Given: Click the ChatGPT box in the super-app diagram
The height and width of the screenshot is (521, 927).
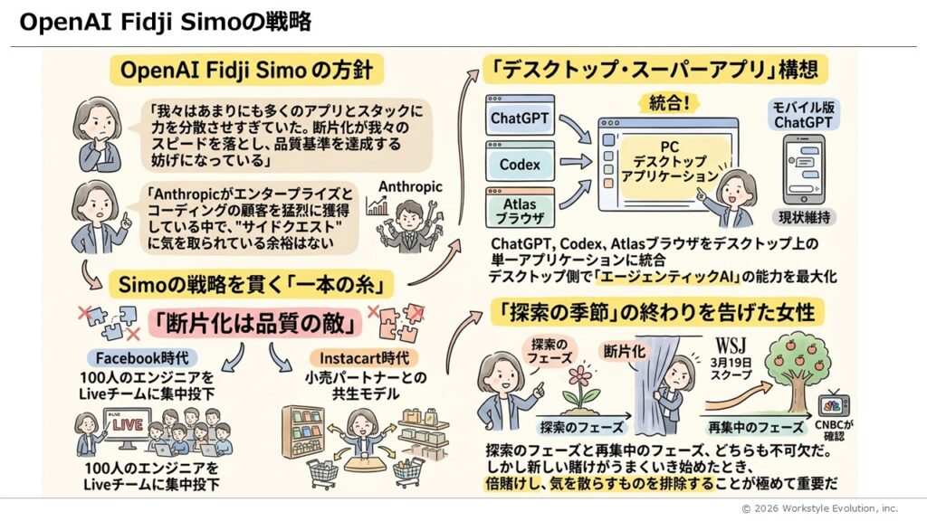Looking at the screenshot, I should point(520,118).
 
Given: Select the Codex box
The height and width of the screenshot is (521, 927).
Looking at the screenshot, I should point(520,165).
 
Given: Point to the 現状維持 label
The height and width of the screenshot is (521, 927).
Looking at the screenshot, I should point(803,217).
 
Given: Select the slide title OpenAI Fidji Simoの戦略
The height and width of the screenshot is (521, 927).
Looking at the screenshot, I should point(165,23).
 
